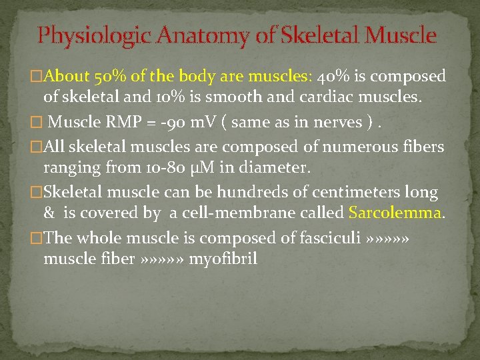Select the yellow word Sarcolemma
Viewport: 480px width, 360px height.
click(396, 214)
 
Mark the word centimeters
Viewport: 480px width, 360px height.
click(352, 192)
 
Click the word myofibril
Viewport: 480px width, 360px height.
click(223, 259)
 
